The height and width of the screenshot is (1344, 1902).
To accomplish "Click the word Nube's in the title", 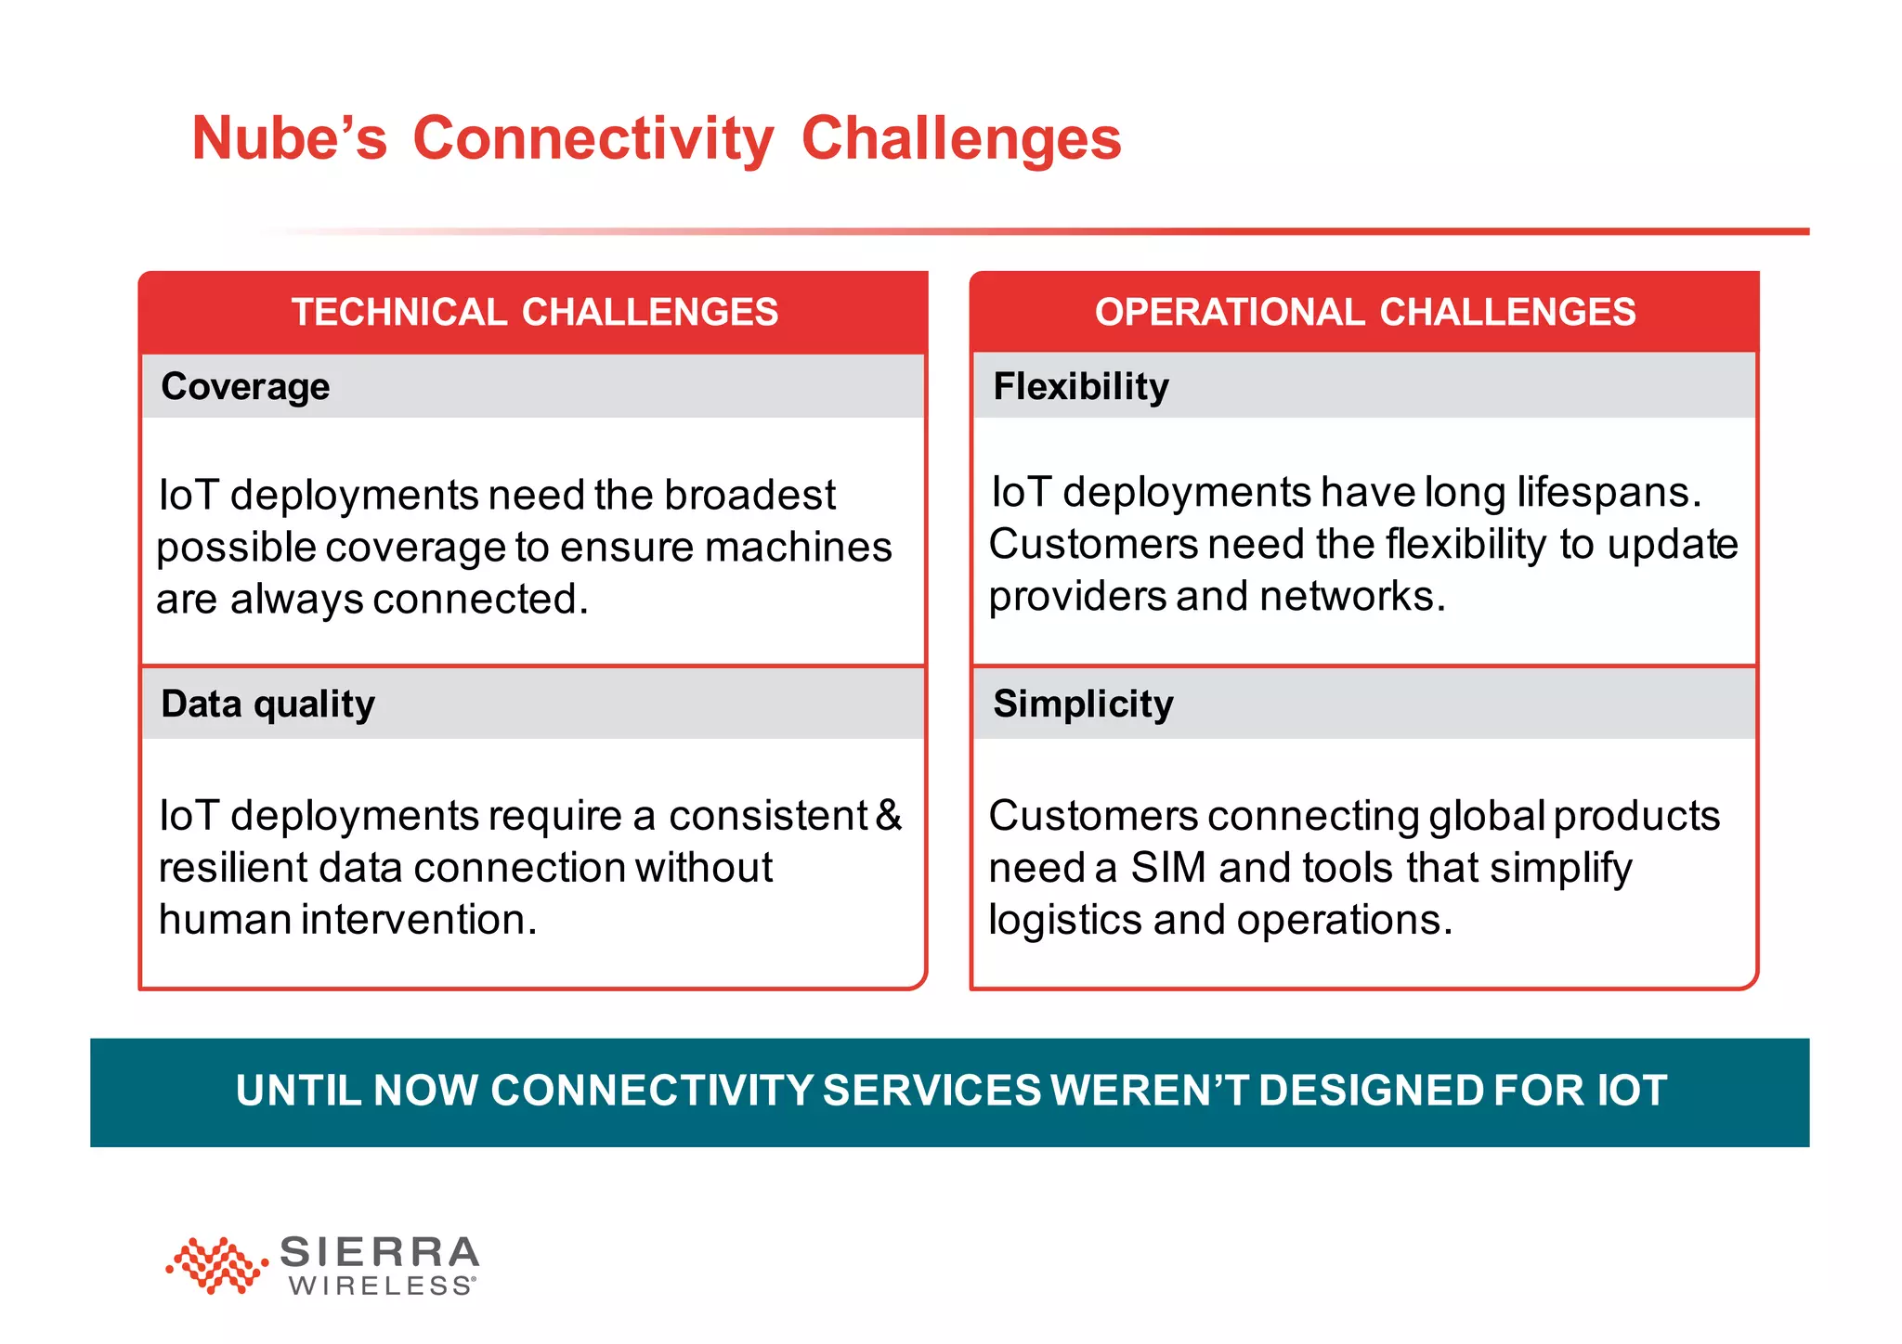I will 289,139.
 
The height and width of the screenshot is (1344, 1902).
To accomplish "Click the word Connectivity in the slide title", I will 593,139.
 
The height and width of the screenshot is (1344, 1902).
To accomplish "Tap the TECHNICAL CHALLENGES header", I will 534,312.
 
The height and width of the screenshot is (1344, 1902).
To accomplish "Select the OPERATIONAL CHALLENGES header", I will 1364,312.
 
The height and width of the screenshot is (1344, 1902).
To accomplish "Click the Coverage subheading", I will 245,386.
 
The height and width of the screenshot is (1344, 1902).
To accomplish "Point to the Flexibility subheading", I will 1081,386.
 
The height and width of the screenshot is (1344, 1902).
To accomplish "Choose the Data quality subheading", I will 267,704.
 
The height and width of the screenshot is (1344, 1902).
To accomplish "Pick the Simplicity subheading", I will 1083,704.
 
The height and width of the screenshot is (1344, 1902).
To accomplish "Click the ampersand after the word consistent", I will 889,815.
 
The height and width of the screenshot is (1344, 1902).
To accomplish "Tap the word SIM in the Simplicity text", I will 1167,868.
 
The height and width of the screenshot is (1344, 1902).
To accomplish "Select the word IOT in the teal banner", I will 1632,1091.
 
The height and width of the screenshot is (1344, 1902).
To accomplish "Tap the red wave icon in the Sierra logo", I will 216,1264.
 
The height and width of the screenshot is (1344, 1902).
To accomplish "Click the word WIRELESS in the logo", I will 381,1286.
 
